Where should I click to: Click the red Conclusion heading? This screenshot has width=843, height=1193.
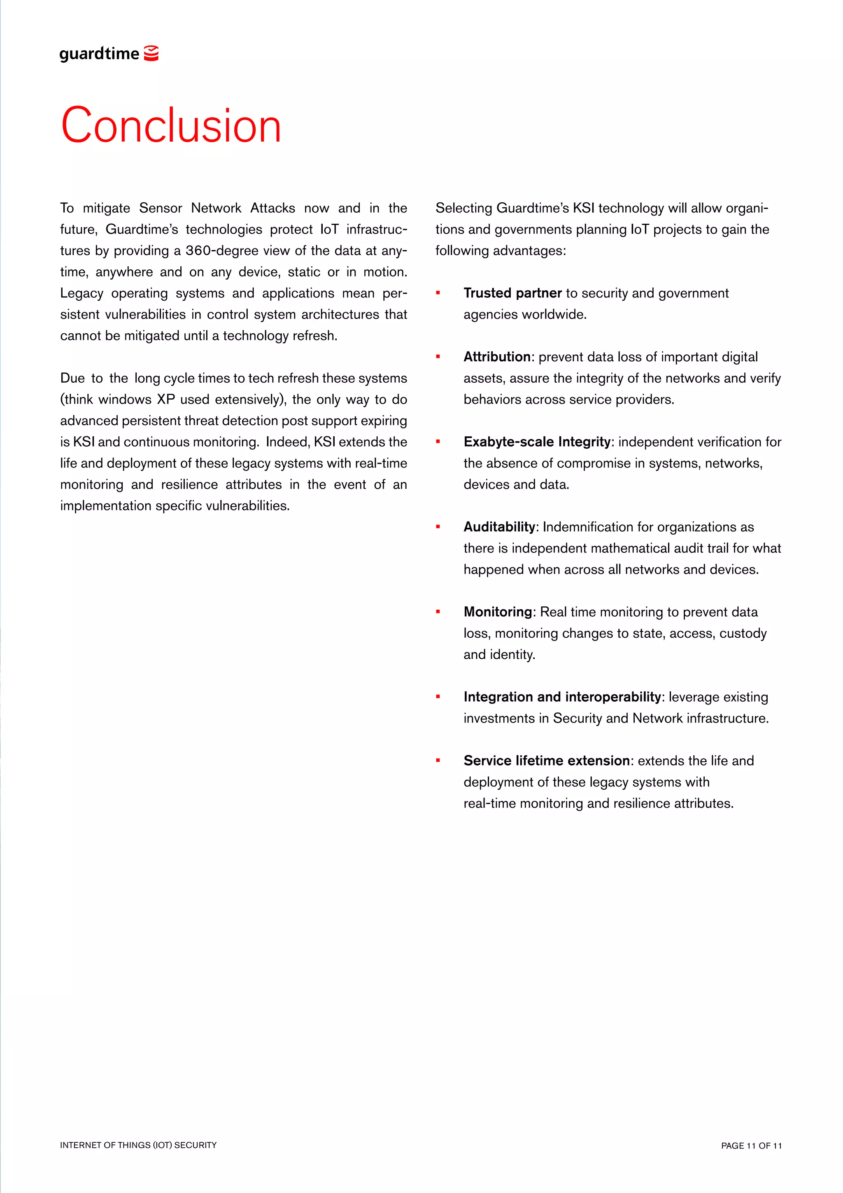click(171, 126)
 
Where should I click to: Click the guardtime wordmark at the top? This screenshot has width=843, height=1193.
click(99, 54)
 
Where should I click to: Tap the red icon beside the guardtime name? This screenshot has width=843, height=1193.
click(151, 53)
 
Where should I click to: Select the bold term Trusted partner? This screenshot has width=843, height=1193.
click(512, 293)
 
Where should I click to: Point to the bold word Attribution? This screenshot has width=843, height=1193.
click(497, 357)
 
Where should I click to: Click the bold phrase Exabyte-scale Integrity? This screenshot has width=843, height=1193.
click(537, 442)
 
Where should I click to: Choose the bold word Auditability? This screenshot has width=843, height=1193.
click(499, 527)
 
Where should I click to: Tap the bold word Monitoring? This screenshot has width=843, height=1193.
click(498, 612)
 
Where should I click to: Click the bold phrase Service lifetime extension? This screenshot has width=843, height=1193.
click(546, 761)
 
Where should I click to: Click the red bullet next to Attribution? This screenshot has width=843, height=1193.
click(438, 356)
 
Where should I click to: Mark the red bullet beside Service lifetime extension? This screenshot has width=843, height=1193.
click(438, 760)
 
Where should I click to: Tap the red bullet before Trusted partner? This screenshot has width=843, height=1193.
click(438, 292)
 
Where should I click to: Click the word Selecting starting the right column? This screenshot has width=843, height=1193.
click(463, 208)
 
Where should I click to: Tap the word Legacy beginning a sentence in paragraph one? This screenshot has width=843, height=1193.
click(82, 294)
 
